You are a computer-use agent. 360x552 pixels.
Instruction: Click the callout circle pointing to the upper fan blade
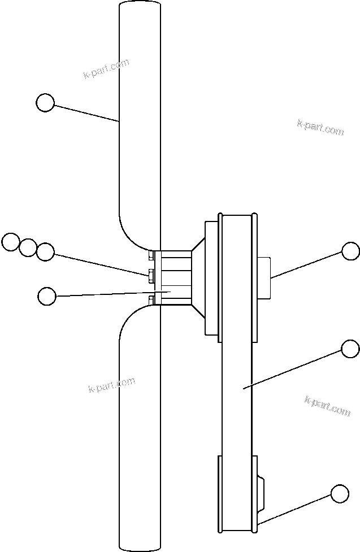(45, 103)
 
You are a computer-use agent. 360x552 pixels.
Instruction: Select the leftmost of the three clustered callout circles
(10, 242)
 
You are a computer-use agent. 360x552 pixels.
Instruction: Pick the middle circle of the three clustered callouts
(28, 247)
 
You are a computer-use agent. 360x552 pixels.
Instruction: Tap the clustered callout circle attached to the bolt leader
(45, 252)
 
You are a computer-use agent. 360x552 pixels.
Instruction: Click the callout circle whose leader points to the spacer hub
(46, 295)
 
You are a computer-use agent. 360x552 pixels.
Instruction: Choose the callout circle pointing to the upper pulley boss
(350, 251)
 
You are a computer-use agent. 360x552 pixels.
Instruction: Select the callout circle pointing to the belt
(350, 349)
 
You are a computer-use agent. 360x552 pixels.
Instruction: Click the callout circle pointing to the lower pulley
(339, 493)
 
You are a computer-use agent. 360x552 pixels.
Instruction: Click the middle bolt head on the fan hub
(151, 276)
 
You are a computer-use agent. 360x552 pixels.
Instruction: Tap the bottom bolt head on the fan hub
(151, 299)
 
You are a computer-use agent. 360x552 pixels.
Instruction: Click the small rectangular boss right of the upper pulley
(264, 277)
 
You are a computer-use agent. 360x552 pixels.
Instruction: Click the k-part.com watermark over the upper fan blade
(106, 69)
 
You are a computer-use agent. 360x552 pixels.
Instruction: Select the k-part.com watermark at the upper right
(320, 127)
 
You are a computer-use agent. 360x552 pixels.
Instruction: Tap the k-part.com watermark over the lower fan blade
(112, 385)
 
